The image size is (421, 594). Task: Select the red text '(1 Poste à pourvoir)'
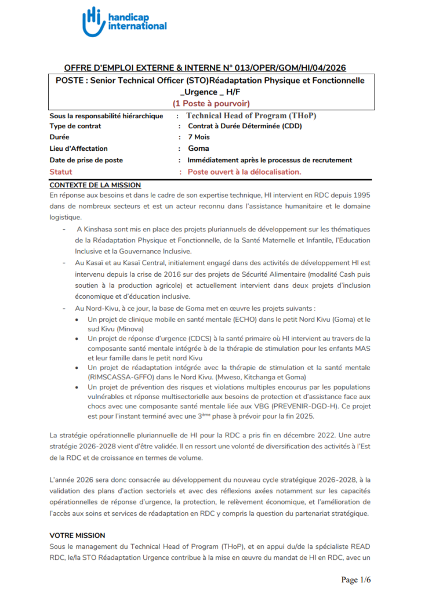tap(210, 103)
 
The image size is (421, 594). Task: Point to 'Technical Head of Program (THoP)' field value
tap(251, 115)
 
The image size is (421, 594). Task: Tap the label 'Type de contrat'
tap(75, 126)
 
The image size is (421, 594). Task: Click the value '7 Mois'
tap(199, 137)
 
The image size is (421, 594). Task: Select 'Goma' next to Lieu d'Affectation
tap(198, 148)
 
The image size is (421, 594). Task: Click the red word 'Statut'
tap(61, 172)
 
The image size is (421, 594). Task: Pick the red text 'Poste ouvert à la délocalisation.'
tap(245, 172)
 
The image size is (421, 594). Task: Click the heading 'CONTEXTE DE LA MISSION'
tap(95, 185)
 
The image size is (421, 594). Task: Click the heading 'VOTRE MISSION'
tap(77, 535)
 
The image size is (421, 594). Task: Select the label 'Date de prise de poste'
tap(86, 160)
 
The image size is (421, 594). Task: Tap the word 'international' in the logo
tap(137, 26)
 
